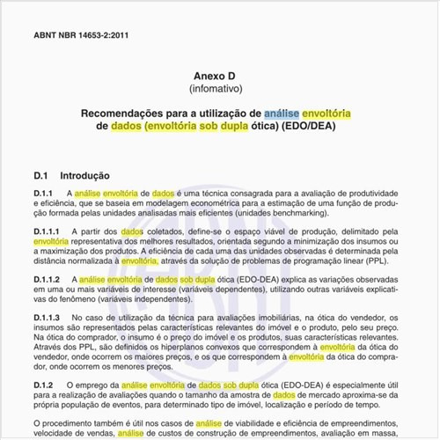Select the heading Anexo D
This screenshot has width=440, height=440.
tap(219, 77)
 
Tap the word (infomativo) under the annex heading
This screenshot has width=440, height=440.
tap(219, 90)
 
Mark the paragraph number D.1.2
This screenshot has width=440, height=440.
tap(43, 385)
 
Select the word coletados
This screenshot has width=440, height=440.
tap(169, 231)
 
